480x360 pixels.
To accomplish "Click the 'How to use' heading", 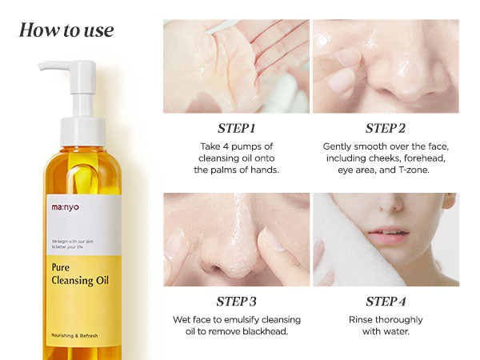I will (x=66, y=31).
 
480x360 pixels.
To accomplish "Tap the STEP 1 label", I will (x=236, y=128).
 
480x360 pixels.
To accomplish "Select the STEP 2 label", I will (x=386, y=128).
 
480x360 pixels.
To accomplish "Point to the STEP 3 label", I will (x=236, y=302).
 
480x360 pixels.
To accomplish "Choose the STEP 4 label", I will (x=386, y=302).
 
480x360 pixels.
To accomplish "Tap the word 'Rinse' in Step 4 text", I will (x=365, y=320).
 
